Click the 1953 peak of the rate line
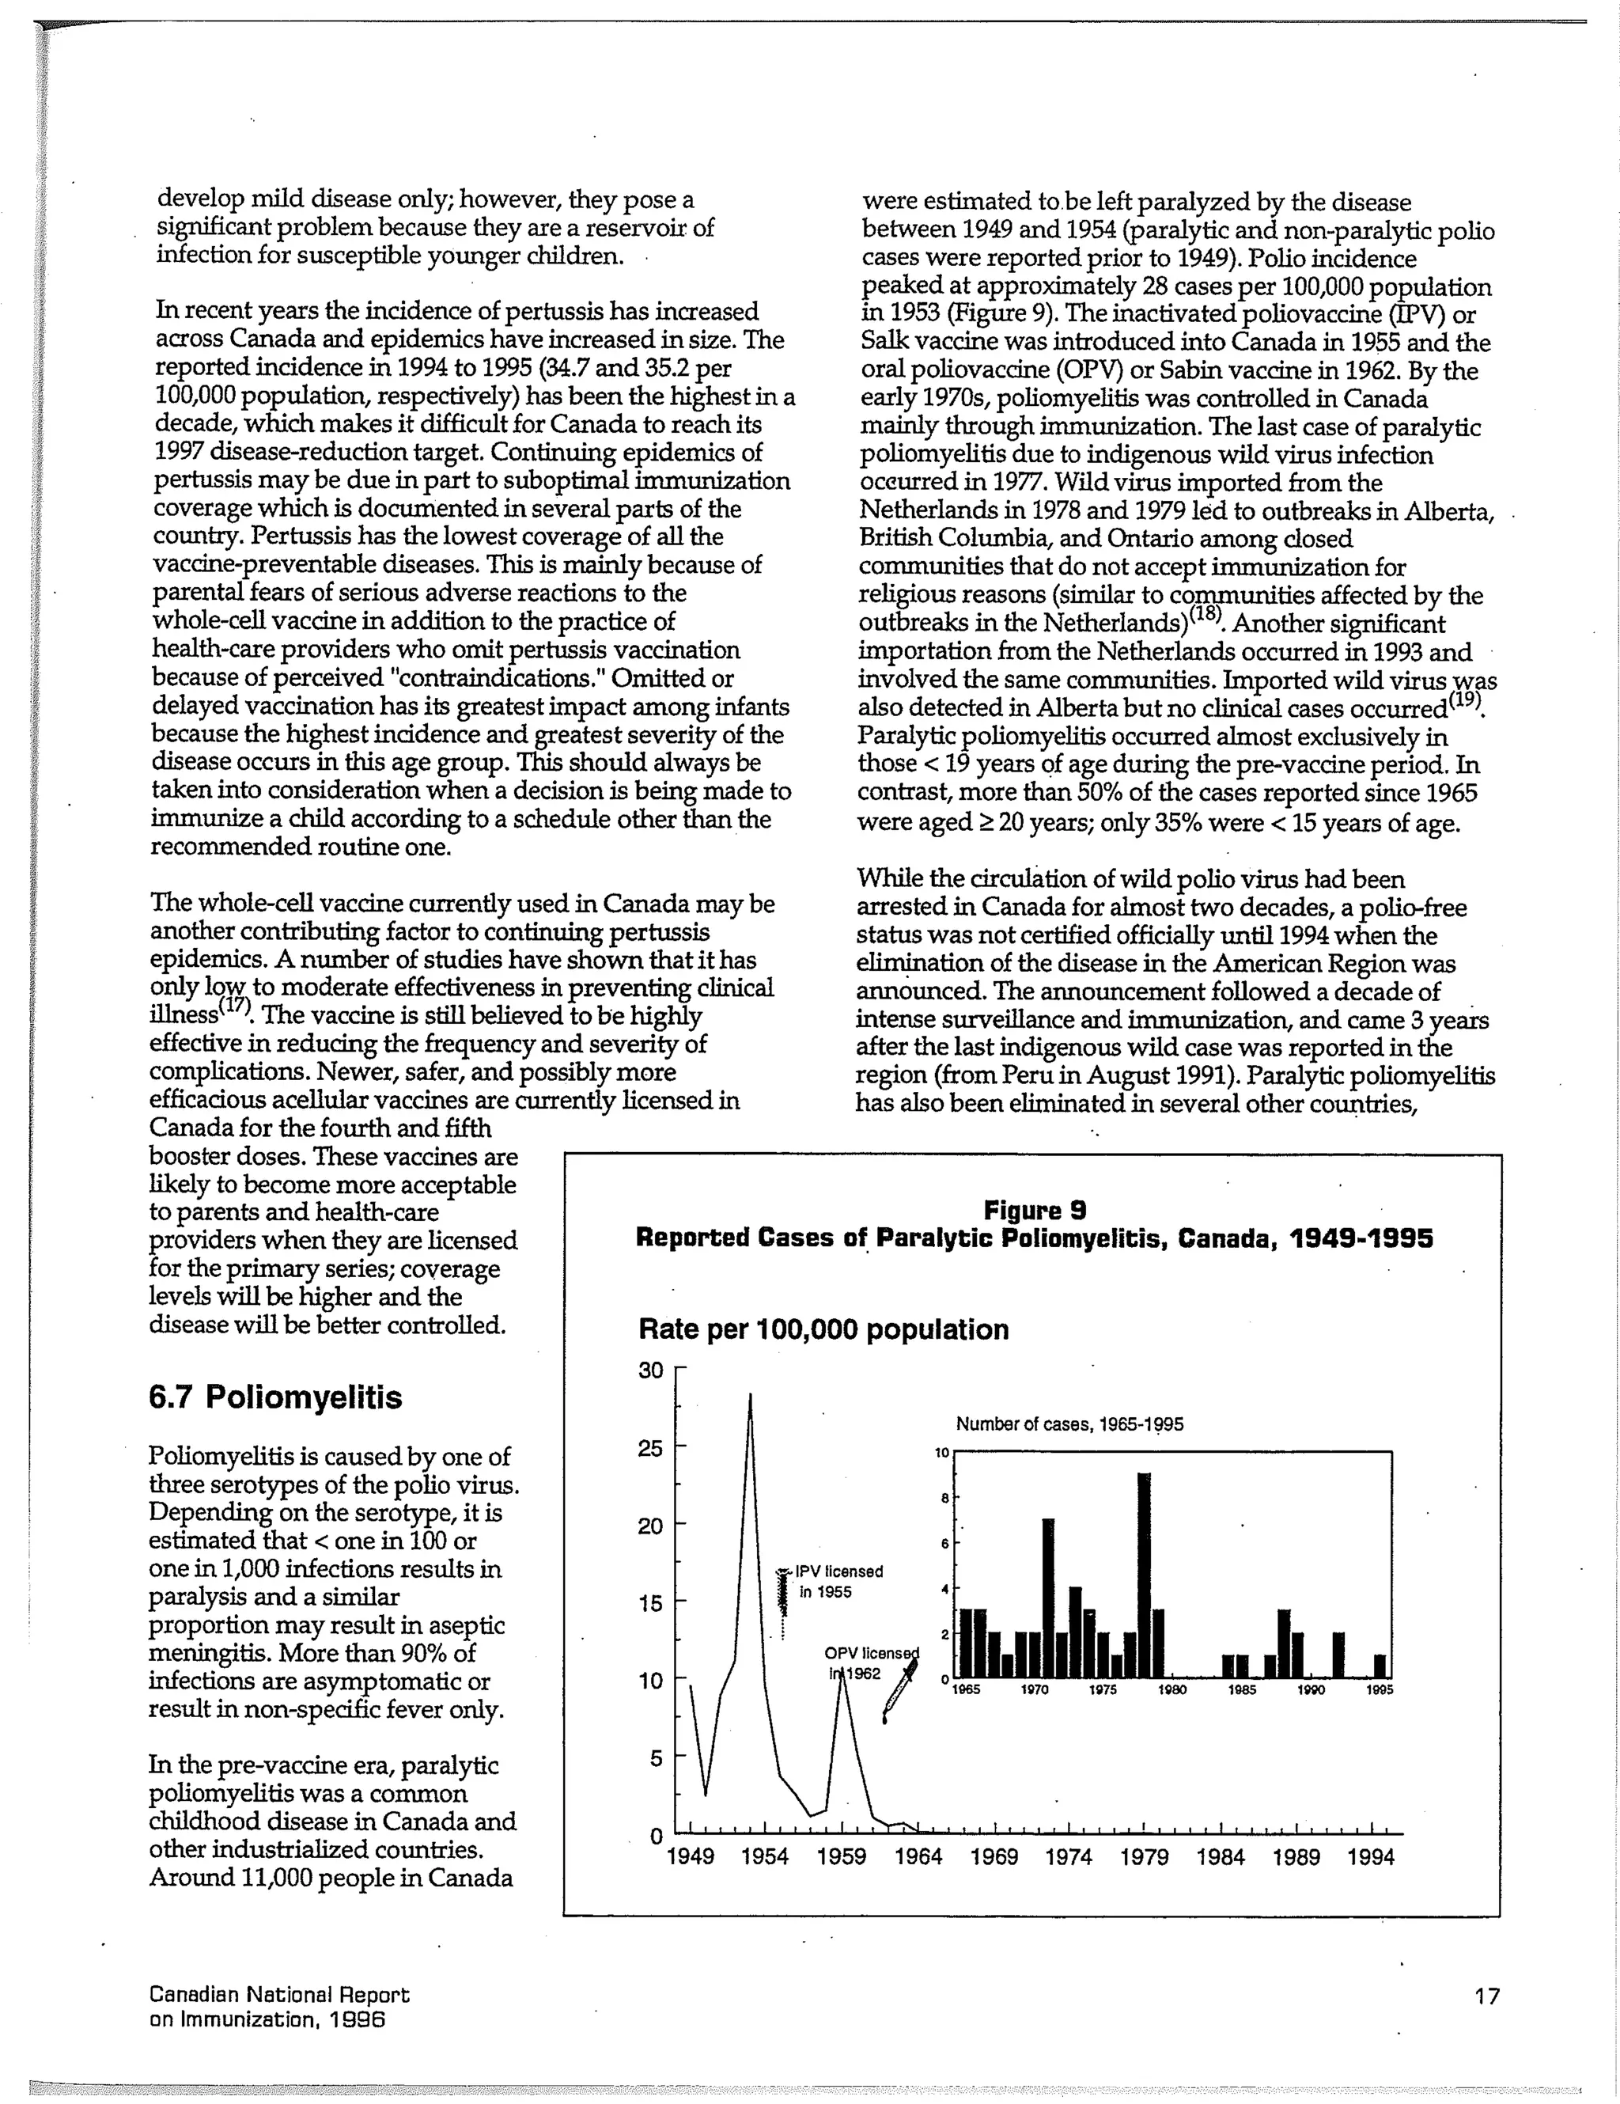[x=751, y=1395]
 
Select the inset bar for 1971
[x=1048, y=1598]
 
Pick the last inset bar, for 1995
[x=1380, y=1667]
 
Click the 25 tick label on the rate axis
[x=652, y=1449]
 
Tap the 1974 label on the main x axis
[x=1068, y=1857]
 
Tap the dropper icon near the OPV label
[x=899, y=1692]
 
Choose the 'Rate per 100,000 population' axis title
[x=823, y=1330]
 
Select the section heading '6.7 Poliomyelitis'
[x=275, y=1397]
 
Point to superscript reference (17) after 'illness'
[x=235, y=1007]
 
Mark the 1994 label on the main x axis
[x=1371, y=1857]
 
